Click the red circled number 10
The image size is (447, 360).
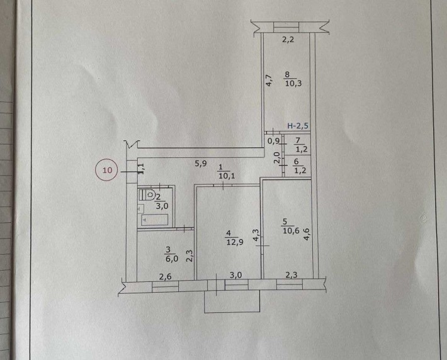click(108, 171)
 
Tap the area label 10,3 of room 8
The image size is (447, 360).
click(293, 84)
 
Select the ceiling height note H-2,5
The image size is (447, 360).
click(298, 126)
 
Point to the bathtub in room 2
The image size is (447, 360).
click(154, 220)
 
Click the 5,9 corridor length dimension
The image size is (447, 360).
click(201, 164)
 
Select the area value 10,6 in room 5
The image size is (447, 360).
click(291, 230)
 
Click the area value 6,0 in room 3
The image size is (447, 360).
click(171, 259)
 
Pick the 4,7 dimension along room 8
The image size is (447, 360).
click(269, 80)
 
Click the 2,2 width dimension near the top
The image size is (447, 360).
click(288, 40)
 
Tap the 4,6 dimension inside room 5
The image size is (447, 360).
click(307, 233)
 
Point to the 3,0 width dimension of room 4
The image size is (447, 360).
click(236, 275)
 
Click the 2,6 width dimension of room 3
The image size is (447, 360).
click(166, 276)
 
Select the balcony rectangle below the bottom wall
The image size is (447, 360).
click(232, 301)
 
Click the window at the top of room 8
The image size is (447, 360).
click(286, 28)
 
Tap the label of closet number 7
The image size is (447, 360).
click(298, 140)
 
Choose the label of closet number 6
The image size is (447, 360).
click(296, 162)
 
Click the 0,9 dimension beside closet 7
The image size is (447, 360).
click(273, 140)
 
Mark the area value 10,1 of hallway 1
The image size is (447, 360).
click(227, 176)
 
